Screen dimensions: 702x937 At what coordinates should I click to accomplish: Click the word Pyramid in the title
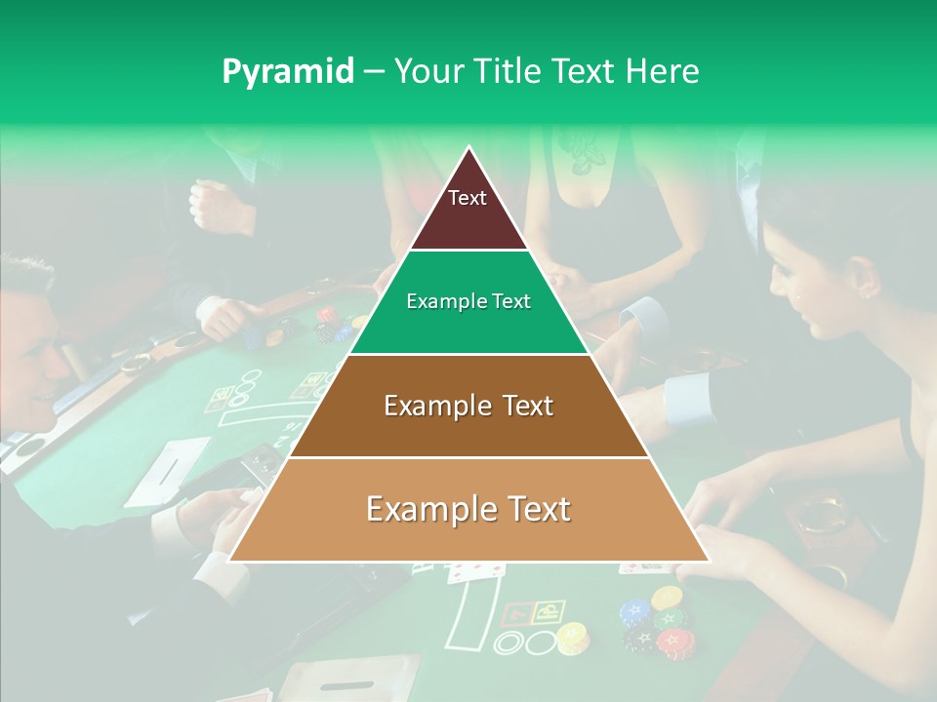[x=288, y=71]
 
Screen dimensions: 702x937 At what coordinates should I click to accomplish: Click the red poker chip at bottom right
[x=672, y=642]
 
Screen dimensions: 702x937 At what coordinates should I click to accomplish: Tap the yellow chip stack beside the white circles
[x=572, y=638]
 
